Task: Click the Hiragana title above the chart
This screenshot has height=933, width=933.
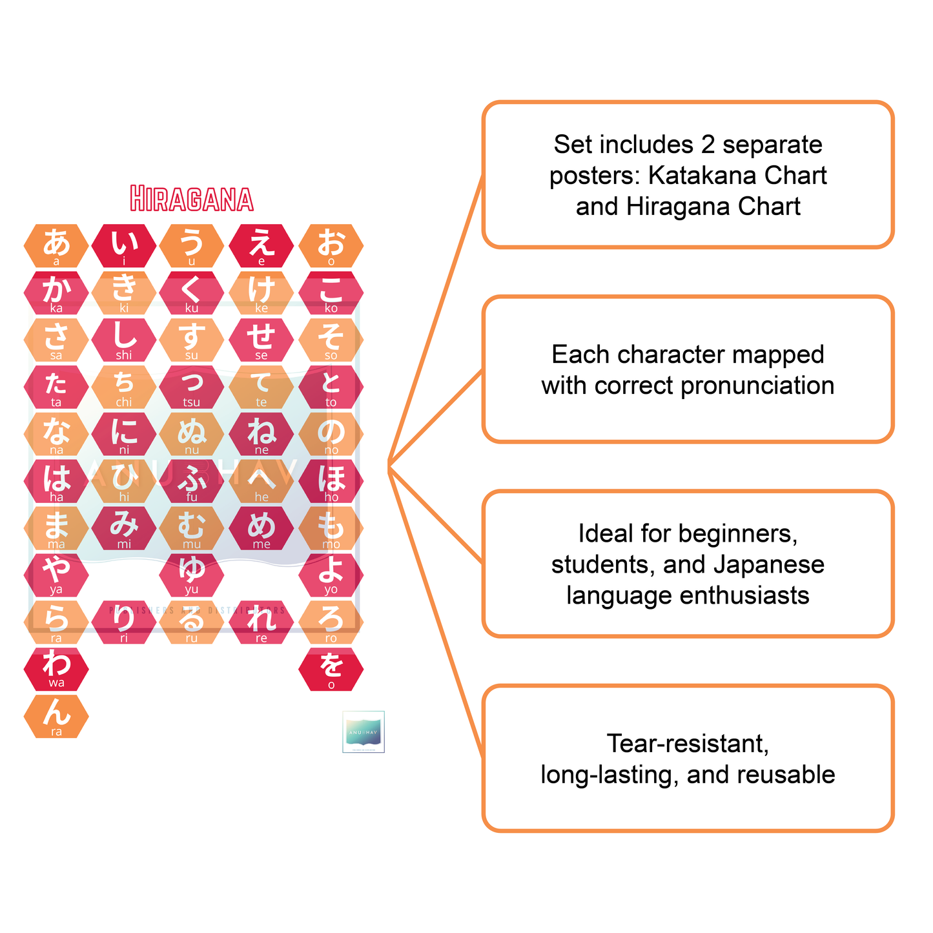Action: (192, 199)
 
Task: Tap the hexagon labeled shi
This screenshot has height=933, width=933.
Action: (124, 340)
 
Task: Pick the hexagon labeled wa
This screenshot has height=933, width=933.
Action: (56, 669)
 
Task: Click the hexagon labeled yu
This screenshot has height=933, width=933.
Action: (192, 575)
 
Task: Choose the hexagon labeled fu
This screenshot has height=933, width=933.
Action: (192, 481)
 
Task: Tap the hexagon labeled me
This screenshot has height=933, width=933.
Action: (261, 528)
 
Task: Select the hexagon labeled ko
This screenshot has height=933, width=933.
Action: (331, 293)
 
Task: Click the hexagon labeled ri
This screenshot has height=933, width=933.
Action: (124, 622)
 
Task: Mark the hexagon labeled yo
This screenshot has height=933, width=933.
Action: (331, 575)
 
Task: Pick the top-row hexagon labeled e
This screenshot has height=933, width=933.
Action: (261, 246)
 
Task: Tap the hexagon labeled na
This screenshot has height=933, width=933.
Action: (56, 434)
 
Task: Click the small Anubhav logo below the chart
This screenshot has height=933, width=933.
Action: (364, 732)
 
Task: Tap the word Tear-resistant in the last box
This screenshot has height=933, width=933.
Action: (688, 744)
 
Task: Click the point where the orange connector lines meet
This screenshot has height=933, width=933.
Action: (389, 466)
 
